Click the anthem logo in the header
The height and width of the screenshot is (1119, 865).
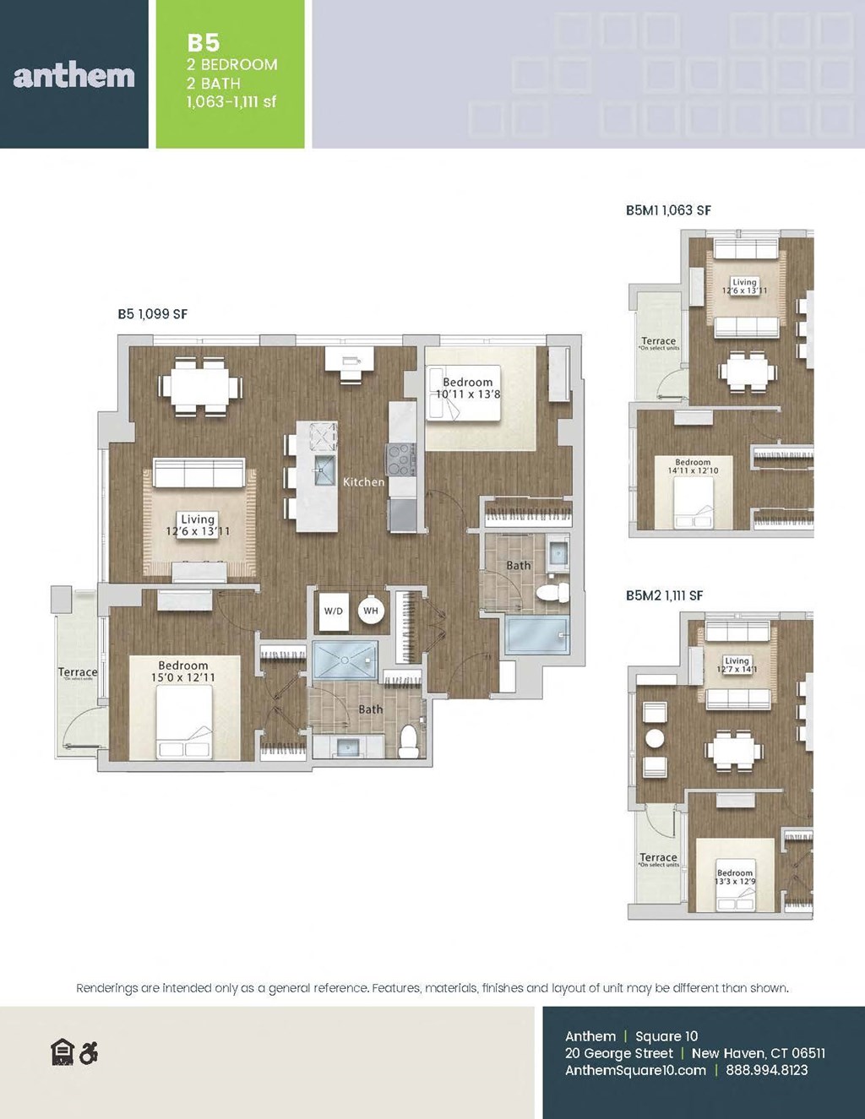coord(74,76)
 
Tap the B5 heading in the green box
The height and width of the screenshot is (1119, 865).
coord(204,43)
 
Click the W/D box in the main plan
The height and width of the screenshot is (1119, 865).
coord(334,611)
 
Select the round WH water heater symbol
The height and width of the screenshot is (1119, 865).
coord(371,611)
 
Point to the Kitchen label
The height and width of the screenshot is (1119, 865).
coord(363,481)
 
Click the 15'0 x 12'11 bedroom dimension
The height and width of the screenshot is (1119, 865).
coord(183,677)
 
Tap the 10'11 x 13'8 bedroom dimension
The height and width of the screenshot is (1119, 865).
coord(468,394)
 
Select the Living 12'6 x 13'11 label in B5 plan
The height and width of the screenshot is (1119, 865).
coord(198,525)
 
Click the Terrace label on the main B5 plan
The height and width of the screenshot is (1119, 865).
coord(78,672)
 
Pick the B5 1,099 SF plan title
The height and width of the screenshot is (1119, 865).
coord(152,314)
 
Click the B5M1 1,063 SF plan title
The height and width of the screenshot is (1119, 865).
coord(667,210)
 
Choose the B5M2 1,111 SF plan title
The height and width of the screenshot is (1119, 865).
coord(664,595)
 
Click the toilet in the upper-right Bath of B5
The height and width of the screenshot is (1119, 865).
coord(553,590)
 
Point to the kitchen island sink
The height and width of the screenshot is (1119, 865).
coord(324,474)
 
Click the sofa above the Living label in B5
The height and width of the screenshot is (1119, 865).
coord(199,473)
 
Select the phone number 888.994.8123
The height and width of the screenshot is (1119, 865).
coord(766,1070)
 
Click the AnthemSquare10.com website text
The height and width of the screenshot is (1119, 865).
coord(635,1070)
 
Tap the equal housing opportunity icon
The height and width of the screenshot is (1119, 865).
coord(63,1053)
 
